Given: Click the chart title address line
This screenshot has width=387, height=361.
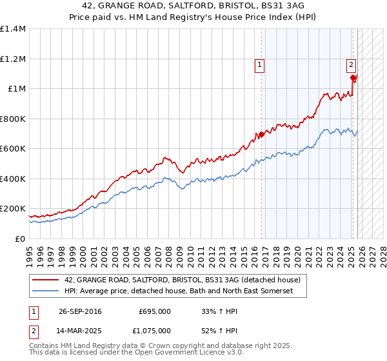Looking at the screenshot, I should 193,6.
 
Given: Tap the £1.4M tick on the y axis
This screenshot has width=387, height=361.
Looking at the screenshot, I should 13,29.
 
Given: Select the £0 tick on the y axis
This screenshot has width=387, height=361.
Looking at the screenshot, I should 20,239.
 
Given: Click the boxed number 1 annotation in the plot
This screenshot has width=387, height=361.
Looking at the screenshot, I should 259,64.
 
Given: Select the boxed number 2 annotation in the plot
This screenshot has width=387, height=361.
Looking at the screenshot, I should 351,64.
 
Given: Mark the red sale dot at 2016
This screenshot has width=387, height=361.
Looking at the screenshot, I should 261,135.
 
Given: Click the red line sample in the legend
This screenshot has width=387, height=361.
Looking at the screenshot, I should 46,280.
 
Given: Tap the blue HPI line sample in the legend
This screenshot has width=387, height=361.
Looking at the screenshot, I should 46,291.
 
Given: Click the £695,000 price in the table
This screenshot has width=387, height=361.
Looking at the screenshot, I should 155,311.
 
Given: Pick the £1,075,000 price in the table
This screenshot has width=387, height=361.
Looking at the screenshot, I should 152,331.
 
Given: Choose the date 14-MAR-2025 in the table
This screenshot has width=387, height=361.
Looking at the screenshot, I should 80,331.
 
